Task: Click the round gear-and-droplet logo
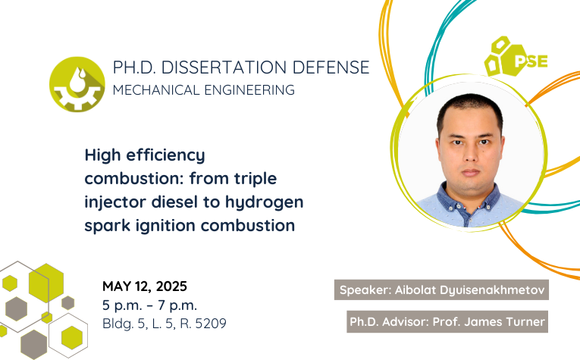pos(77,84)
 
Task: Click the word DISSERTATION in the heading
pos(224,67)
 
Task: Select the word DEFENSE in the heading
pos(331,67)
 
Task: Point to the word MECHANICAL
pos(156,90)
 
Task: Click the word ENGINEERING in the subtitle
pos(249,90)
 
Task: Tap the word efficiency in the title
pos(165,155)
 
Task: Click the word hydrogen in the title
pos(264,202)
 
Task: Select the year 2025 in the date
pos(171,286)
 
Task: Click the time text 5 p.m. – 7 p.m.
pos(150,305)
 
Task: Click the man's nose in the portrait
pos(470,152)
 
